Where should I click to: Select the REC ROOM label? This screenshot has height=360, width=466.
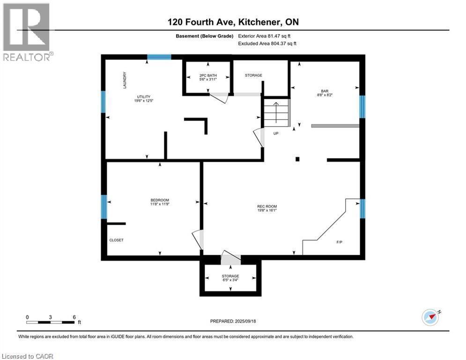[267, 206]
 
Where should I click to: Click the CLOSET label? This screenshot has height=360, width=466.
[116, 240]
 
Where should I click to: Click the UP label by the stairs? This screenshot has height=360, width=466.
[276, 133]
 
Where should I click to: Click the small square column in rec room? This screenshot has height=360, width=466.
[297, 159]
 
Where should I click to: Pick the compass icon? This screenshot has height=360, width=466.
[430, 317]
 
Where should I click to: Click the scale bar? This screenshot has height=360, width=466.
[51, 322]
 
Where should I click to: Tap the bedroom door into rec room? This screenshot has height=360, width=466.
[198, 240]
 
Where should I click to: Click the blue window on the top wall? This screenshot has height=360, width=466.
[159, 58]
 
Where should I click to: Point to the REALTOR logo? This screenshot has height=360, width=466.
[27, 32]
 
